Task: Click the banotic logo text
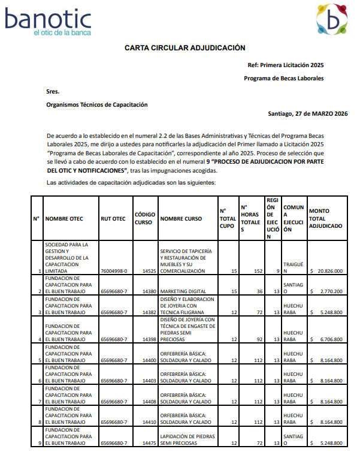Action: click(48, 21)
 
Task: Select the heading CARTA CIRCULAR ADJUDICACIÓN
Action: click(185, 48)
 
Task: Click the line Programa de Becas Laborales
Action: click(284, 79)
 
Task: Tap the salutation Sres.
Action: click(53, 92)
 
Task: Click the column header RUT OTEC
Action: click(113, 219)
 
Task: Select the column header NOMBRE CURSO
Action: click(181, 219)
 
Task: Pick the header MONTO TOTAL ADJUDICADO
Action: click(326, 218)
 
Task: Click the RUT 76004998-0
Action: click(114, 271)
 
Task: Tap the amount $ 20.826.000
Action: click(327, 271)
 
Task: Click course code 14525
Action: click(149, 271)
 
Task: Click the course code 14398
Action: click(149, 339)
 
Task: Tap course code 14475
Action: click(149, 443)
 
